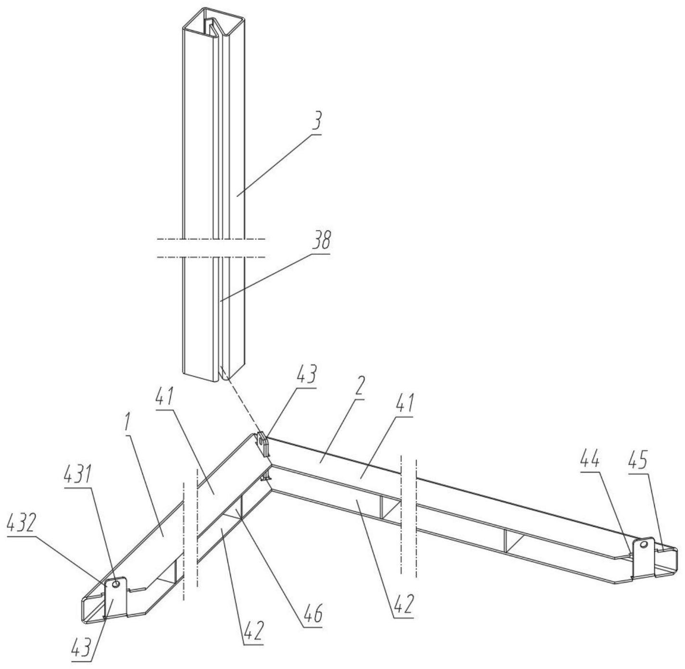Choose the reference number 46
312,616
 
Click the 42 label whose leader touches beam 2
403,605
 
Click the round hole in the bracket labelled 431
115,583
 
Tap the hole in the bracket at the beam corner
261,440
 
